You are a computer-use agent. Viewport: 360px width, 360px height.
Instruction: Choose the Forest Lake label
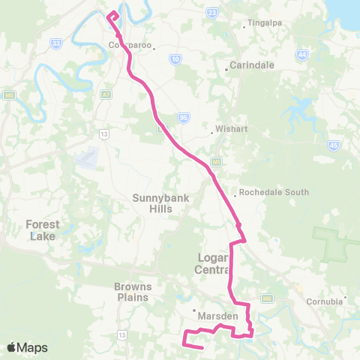pyautogui.click(x=41, y=229)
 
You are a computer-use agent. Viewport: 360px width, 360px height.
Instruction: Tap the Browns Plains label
pyautogui.click(x=133, y=292)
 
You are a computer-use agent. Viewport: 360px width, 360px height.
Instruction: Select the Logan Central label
pyautogui.click(x=211, y=263)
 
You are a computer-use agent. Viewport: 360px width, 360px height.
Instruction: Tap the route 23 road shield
pyautogui.click(x=212, y=13)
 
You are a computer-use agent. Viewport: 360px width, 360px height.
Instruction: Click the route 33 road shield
pyautogui.click(x=56, y=44)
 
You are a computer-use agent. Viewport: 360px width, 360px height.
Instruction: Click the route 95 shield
pyautogui.click(x=184, y=117)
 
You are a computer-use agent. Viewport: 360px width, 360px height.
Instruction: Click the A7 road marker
pyautogui.click(x=106, y=94)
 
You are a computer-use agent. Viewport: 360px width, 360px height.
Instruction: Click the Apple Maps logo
pyautogui.click(x=27, y=347)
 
